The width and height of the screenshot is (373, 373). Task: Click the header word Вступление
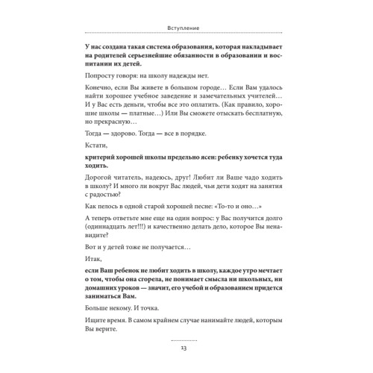(187, 29)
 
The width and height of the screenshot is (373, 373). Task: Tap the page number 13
(186, 348)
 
